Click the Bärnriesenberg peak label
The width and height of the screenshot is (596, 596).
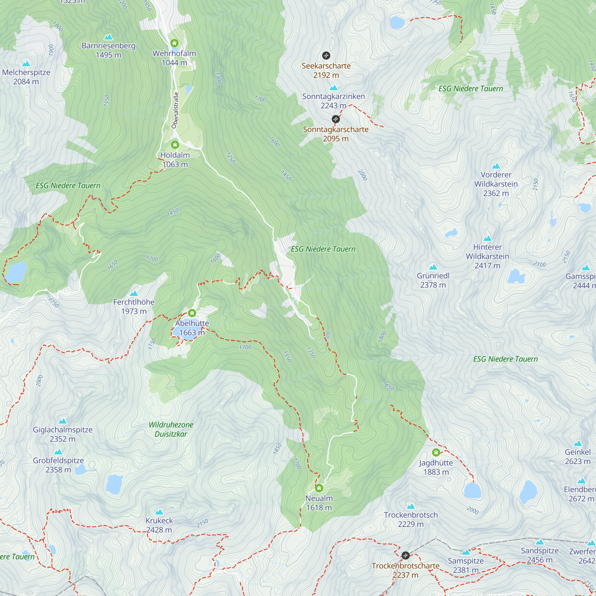(108, 50)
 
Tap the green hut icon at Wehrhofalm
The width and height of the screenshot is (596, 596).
(174, 43)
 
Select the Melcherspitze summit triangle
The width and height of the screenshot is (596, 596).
(26, 64)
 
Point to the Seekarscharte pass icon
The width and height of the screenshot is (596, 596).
(326, 55)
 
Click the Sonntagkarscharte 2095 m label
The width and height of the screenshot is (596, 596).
(336, 134)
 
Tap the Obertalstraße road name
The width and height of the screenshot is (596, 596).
(175, 110)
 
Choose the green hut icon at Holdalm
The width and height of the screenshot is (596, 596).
(175, 145)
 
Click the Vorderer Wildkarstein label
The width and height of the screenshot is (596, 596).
(496, 184)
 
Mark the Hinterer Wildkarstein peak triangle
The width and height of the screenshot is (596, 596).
(488, 238)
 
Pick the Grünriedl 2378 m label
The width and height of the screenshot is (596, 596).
(433, 280)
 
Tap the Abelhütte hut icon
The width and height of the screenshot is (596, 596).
(192, 313)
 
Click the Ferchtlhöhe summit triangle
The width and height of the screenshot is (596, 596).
(134, 293)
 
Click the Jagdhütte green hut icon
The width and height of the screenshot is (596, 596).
(436, 453)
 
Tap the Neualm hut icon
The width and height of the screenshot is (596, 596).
(319, 488)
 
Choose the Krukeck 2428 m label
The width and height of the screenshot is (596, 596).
(159, 525)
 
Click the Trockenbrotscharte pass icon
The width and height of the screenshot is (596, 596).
(406, 555)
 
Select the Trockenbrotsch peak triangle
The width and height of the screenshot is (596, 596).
(411, 506)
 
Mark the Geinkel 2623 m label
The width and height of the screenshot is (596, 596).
(578, 457)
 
